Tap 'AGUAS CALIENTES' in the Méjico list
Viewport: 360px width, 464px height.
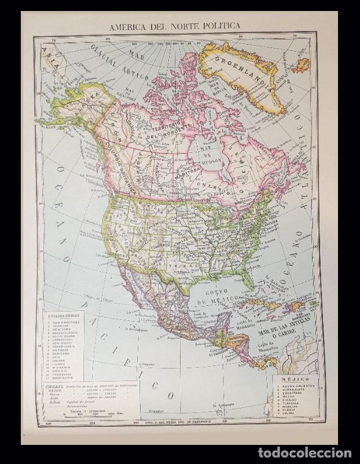pyautogui.click(x=296, y=385)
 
